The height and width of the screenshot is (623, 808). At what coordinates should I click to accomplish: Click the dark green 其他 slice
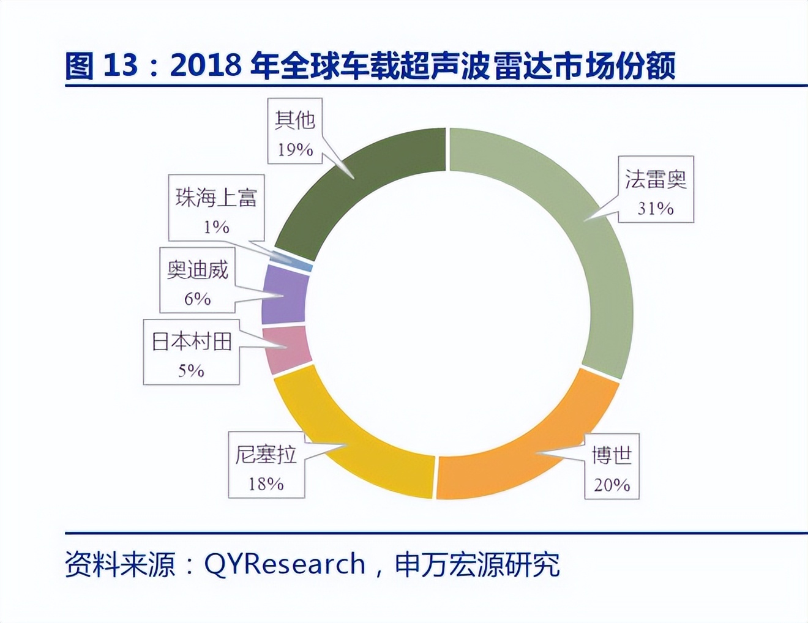367,177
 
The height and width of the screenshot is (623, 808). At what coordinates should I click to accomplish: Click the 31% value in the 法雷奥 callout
655,209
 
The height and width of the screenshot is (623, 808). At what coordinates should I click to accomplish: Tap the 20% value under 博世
612,485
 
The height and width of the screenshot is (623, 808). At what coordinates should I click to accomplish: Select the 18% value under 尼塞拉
266,484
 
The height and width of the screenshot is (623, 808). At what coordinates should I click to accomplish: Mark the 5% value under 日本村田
191,370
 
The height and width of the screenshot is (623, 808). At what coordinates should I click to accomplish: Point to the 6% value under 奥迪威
197,299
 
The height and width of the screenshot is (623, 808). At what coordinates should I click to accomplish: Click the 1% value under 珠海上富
216,227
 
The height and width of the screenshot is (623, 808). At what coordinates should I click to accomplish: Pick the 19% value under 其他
295,150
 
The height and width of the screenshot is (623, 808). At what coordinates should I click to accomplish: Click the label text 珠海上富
216,198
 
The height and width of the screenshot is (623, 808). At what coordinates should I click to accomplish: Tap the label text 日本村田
192,341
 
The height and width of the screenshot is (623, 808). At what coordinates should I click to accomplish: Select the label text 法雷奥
656,179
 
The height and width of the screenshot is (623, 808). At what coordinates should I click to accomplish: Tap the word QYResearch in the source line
285,564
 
